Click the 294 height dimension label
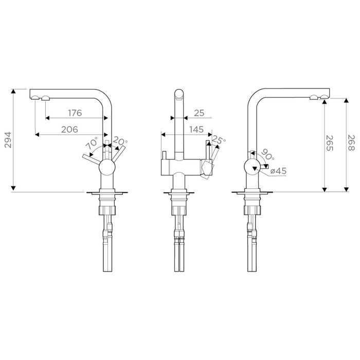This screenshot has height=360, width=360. tap(8, 140)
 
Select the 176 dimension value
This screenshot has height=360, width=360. tap(75, 113)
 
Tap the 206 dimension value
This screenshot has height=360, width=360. tap(69, 130)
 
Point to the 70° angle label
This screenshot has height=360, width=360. tap(92, 143)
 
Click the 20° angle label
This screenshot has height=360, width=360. tap(120, 141)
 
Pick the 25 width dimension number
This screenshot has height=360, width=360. tap(199, 113)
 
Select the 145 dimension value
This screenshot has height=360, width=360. tap(196, 130)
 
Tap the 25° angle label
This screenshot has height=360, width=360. tap(219, 139)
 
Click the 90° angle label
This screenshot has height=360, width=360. tap(267, 154)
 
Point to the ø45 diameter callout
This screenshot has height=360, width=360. tap(278, 171)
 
